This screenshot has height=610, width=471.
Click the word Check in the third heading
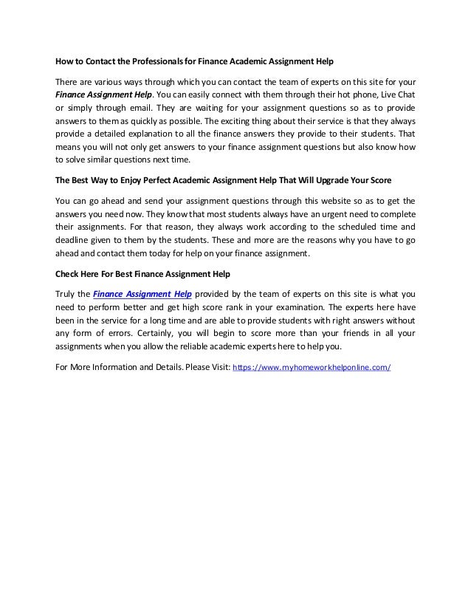point(71,274)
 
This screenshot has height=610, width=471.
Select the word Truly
point(67,293)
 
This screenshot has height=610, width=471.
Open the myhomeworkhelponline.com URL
point(312,368)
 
